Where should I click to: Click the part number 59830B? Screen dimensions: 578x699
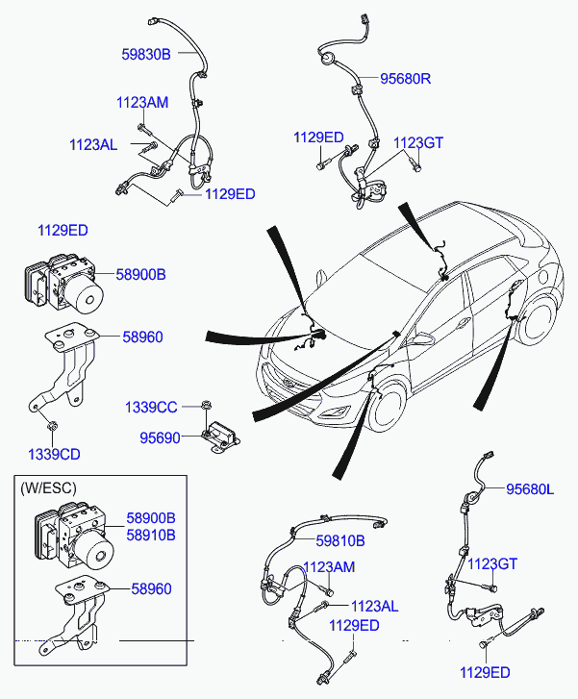click(x=146, y=55)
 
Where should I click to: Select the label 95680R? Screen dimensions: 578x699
click(x=406, y=79)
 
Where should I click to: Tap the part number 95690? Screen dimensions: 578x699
click(x=160, y=437)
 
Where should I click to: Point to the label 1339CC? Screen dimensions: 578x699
click(x=151, y=407)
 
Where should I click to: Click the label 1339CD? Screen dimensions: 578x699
click(x=54, y=454)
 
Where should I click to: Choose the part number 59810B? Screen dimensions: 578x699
click(x=340, y=540)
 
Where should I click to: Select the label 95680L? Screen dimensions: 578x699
click(x=530, y=489)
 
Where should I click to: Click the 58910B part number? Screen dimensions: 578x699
click(x=151, y=535)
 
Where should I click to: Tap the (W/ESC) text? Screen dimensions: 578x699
click(x=49, y=488)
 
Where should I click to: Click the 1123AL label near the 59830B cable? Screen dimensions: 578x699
click(x=93, y=144)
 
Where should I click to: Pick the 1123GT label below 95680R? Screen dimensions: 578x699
click(x=418, y=142)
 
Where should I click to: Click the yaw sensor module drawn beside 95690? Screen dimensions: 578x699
click(x=220, y=437)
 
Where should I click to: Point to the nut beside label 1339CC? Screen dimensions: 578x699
click(x=206, y=405)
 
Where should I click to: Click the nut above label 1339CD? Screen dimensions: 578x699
click(x=52, y=426)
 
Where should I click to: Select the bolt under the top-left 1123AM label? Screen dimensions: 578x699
click(x=144, y=129)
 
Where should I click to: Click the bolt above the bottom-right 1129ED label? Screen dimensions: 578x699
click(x=484, y=644)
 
